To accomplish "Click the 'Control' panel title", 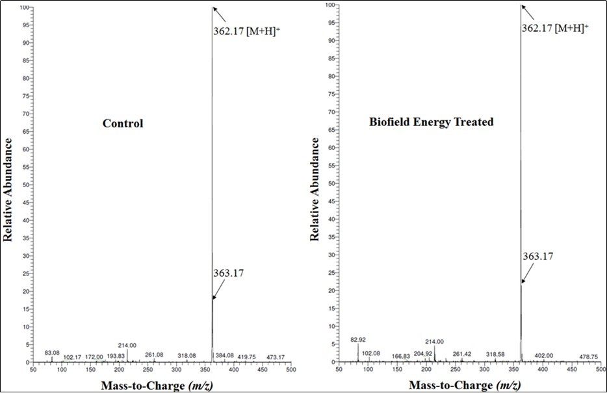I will tap(123, 123).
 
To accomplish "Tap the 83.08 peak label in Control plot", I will tap(52, 353).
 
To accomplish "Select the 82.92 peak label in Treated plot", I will tap(358, 339).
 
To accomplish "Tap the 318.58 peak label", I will tap(495, 355).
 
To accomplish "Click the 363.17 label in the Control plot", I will tap(228, 273).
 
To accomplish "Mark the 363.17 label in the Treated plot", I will tap(538, 257).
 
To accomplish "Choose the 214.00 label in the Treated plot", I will tap(434, 342).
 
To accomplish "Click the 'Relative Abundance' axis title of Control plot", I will tap(9, 185).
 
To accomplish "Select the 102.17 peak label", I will tap(71, 357).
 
